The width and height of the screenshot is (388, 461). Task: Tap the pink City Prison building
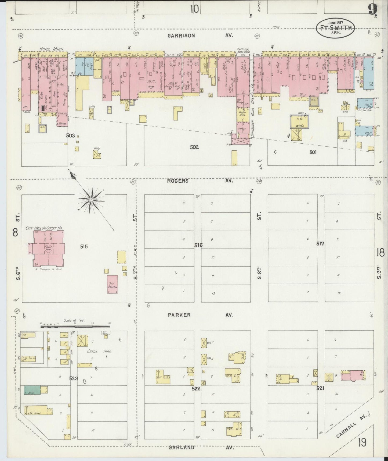coord(112,284)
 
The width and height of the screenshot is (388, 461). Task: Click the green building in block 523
coord(32,390)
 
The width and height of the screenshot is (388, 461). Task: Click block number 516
coord(198,245)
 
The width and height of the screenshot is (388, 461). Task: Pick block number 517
coord(320,244)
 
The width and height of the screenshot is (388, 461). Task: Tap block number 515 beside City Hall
coord(84,246)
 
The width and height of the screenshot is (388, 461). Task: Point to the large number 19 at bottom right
coord(361,441)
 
